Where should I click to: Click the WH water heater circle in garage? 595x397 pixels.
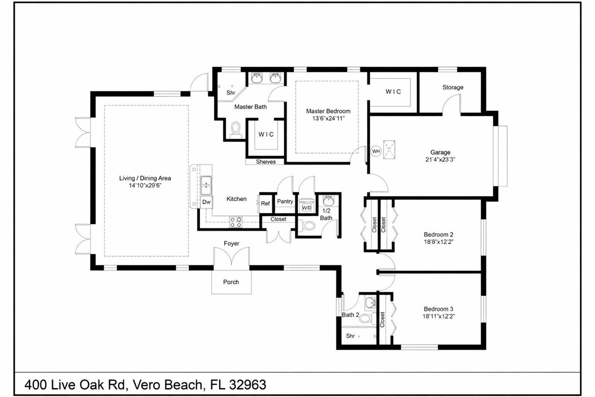376,151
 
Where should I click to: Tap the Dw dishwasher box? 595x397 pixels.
207,202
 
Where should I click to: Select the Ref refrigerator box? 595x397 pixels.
265,203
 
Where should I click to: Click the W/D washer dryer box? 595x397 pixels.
307,208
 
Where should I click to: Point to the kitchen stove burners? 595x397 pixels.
236,222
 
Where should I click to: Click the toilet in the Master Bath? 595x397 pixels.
236,129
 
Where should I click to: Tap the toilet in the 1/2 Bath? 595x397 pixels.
308,225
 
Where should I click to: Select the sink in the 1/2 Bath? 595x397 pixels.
329,201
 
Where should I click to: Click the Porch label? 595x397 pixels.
231,282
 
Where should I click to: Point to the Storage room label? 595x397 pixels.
453,87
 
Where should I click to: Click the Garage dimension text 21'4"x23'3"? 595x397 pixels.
440,160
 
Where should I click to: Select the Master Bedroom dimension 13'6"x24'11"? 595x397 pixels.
328,118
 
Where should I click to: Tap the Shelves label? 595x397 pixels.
266,162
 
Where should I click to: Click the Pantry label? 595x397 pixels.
285,202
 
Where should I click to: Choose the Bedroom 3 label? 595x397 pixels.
438,309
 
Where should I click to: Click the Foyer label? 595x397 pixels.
231,243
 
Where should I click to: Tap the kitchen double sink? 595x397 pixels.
206,185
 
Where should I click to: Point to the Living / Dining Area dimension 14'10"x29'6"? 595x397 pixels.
145,185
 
